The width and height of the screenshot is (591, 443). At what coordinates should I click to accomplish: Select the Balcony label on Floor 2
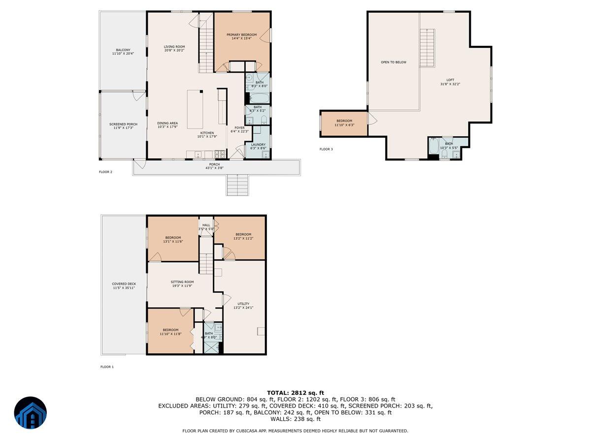coord(123,51)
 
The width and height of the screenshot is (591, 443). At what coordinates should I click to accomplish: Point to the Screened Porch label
coord(123,126)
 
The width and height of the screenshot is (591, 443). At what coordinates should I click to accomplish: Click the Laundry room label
coord(258,146)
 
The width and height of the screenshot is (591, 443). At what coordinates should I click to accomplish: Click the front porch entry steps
coord(237,186)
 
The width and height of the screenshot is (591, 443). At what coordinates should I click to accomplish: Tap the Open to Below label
coord(394,63)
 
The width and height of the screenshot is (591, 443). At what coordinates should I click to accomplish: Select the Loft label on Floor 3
coord(450,82)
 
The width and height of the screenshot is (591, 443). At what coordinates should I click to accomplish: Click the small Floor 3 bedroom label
coord(344,123)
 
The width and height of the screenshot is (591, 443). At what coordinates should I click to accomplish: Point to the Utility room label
coord(243,306)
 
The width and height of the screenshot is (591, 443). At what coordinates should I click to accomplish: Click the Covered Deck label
coord(124,285)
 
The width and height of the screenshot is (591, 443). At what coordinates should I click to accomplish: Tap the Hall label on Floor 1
coord(206,227)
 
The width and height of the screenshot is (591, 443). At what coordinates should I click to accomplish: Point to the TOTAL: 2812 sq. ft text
coord(295,392)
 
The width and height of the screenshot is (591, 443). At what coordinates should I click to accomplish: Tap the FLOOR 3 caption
coord(326,149)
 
